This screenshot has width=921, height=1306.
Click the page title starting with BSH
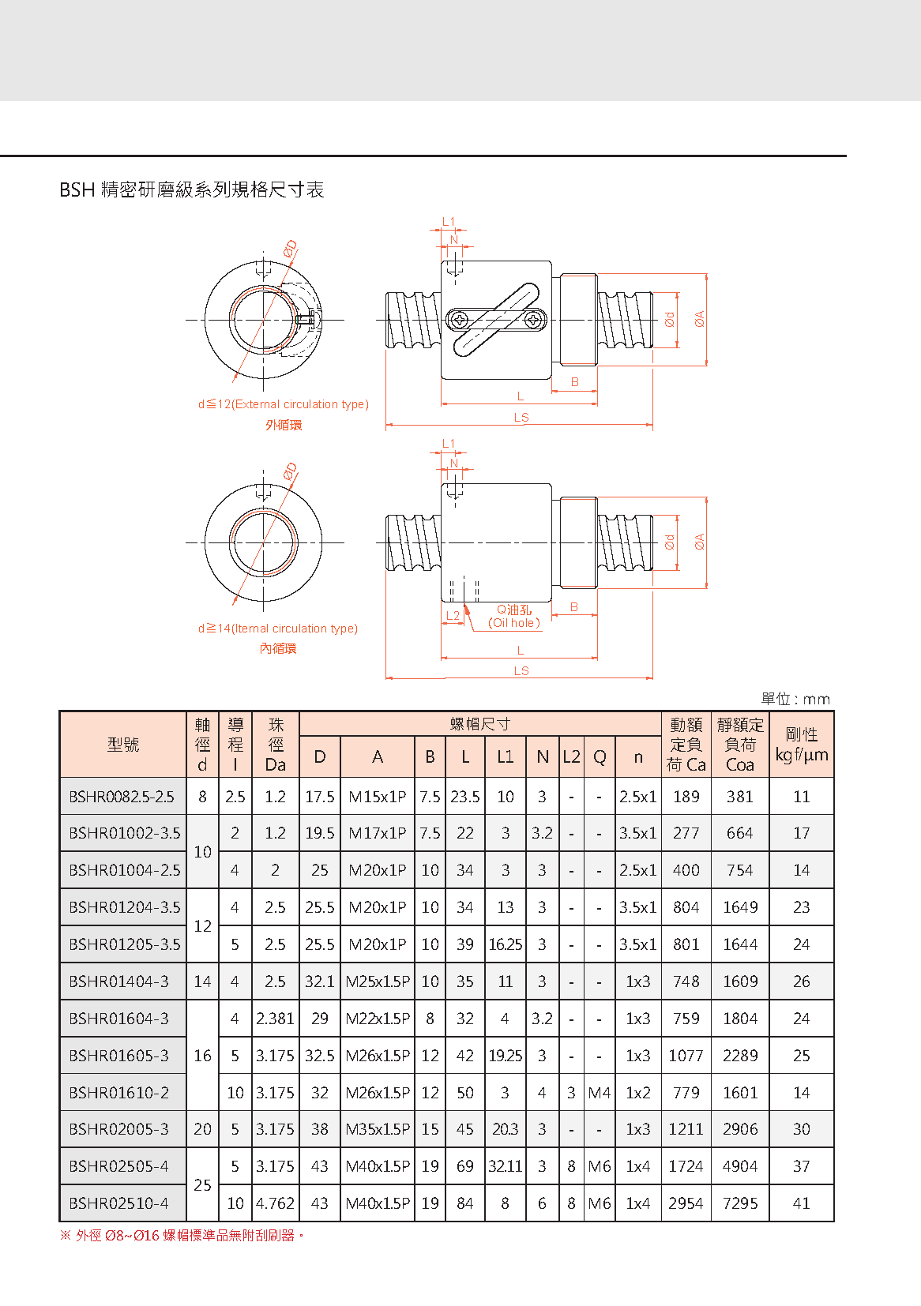click(x=192, y=190)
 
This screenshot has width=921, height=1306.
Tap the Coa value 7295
click(x=740, y=1203)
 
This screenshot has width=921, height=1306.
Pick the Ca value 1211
click(x=686, y=1129)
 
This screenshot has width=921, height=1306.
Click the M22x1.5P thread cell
click(x=378, y=1019)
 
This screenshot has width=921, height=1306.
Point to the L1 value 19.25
click(x=506, y=1056)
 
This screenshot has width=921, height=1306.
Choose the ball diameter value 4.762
click(x=275, y=1203)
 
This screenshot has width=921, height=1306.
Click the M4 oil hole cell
click(x=600, y=1093)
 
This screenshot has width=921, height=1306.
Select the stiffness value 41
click(x=802, y=1203)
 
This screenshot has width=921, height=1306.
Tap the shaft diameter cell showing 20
click(x=202, y=1129)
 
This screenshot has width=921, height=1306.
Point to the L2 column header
click(x=571, y=756)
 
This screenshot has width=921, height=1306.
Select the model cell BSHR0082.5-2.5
click(x=122, y=797)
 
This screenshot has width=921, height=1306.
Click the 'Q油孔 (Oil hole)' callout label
click(x=514, y=616)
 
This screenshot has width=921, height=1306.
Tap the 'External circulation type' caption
click(x=284, y=404)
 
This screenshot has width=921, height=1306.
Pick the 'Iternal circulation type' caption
click(x=278, y=629)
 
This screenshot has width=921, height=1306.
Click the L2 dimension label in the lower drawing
click(x=453, y=615)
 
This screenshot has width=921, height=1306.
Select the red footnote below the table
click(x=182, y=1235)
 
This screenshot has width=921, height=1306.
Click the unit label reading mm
click(x=795, y=699)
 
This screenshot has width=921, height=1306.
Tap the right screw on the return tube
click(x=534, y=320)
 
